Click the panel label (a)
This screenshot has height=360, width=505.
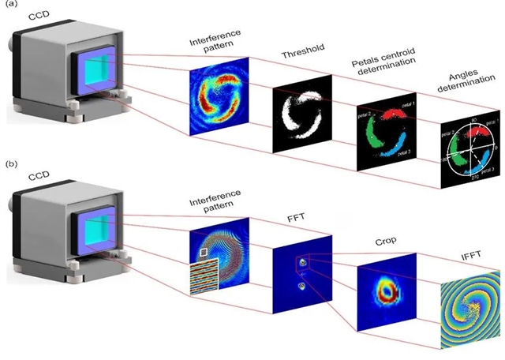10,7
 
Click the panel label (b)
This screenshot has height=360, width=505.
10,165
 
